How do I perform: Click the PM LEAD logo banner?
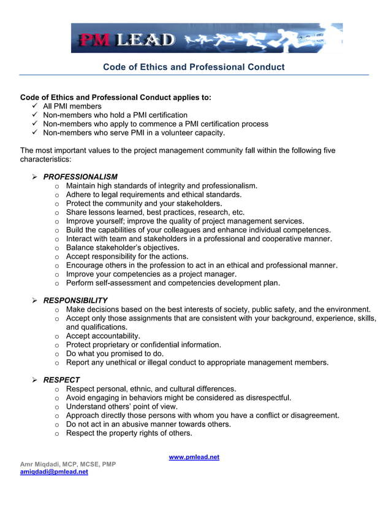pos(207,38)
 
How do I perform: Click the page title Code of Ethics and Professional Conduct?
pos(194,67)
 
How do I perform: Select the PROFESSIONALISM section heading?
pos(80,177)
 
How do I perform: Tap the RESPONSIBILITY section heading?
pos(75,300)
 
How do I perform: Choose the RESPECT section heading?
pos(61,380)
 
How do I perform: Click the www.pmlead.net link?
pos(194,457)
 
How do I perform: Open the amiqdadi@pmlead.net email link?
pos(54,472)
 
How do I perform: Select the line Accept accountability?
pos(103,336)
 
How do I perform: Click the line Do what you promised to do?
pos(115,354)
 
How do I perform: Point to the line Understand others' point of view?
pos(121,406)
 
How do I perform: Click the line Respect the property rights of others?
pos(129,433)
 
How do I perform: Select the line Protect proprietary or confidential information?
pos(143,344)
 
